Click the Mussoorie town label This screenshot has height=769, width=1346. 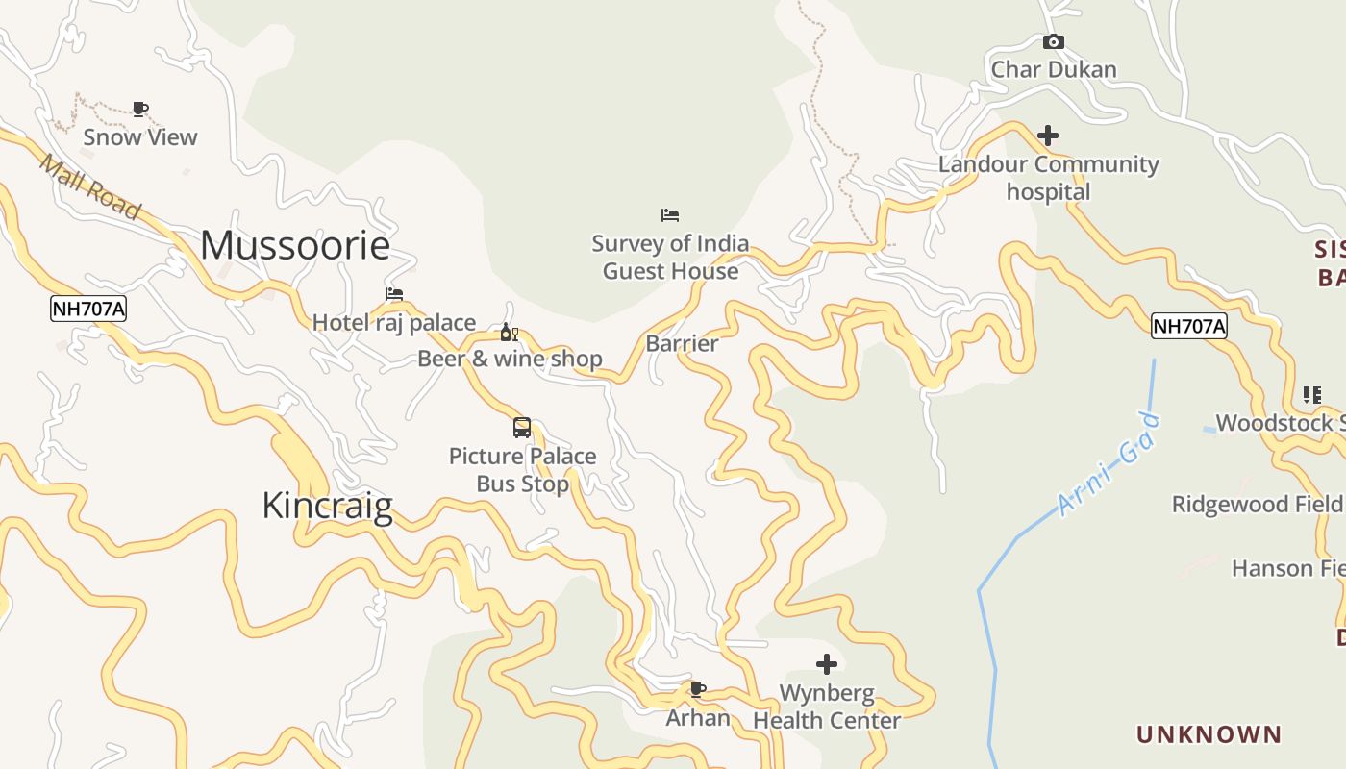295,246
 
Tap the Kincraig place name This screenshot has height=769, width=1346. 327,506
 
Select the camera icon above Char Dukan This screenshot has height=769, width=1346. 1054,42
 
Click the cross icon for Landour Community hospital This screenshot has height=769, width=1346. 1048,136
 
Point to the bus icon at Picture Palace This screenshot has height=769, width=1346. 522,428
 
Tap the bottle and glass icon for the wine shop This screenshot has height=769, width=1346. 509,333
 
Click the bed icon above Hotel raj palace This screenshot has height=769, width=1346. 394,294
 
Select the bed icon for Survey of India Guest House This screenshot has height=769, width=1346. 670,215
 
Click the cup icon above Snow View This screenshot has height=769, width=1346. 140,109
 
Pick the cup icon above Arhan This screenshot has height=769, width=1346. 698,689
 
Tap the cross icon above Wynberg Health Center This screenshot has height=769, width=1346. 827,664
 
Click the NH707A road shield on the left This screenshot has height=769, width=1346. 88,310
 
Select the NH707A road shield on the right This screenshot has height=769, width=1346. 1189,327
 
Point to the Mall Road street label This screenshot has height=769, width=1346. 90,186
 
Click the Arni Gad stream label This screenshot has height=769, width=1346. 1109,465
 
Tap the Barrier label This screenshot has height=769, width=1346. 682,344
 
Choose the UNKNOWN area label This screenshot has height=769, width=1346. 1209,735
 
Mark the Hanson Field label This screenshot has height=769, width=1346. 1287,569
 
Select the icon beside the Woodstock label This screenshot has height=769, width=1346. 1312,395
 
